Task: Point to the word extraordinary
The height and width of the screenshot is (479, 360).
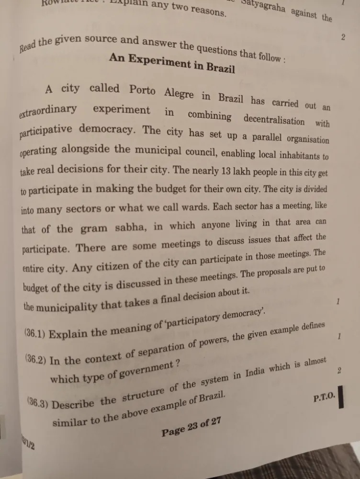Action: (48, 111)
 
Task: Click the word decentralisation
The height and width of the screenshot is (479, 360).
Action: (273, 119)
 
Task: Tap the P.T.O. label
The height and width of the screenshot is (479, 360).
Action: (325, 398)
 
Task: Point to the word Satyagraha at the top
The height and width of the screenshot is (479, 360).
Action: (262, 7)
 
